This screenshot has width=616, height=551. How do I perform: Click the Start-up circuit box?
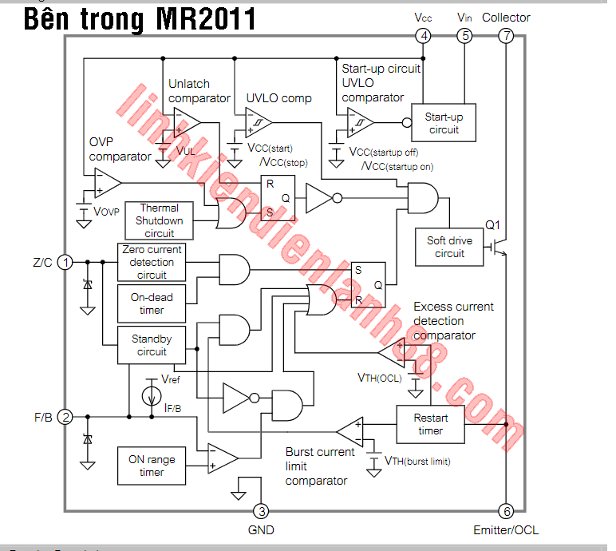[443, 123]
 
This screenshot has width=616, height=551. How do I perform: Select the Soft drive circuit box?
[449, 247]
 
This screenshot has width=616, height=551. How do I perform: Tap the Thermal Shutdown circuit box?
[159, 220]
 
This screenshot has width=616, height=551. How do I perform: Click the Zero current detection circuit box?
[151, 262]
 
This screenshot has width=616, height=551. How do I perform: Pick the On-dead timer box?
[151, 303]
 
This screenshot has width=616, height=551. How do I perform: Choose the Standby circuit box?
[151, 345]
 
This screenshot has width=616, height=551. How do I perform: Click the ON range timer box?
[151, 466]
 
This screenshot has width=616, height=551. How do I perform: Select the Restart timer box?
[430, 424]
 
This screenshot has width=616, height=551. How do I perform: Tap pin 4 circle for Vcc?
[423, 35]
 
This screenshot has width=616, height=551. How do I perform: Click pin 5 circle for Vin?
[464, 35]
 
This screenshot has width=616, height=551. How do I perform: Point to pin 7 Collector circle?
[506, 35]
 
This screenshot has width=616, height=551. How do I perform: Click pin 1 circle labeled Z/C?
[66, 261]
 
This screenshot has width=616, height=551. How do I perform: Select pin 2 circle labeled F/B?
[66, 416]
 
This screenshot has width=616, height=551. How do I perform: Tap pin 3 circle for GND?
[260, 511]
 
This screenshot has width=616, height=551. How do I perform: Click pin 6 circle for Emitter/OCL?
[506, 511]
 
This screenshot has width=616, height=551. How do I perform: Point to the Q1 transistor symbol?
[500, 247]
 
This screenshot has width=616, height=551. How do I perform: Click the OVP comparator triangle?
[105, 185]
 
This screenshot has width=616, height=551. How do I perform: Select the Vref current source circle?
[149, 395]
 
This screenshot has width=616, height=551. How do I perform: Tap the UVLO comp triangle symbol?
[259, 123]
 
